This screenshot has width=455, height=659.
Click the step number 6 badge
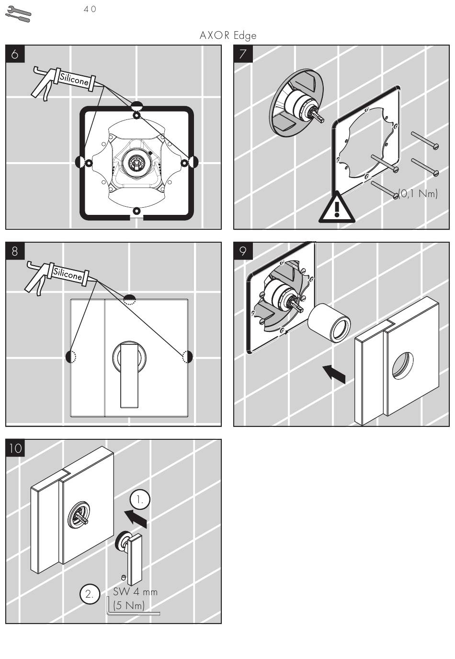pos(15,54)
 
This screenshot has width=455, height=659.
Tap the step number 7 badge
pos(243,54)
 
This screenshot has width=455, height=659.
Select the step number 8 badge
pos(15,251)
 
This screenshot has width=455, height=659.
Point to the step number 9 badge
pos(243,251)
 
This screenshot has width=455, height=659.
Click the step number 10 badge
pos(15,448)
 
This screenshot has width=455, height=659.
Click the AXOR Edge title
pos(228,35)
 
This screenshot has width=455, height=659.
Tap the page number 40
pos(90,9)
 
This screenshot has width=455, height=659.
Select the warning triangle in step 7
pos(337,208)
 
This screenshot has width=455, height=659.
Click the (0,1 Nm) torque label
pos(418,194)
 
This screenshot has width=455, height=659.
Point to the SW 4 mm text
pos(135,591)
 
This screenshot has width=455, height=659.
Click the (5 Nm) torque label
pos(129,605)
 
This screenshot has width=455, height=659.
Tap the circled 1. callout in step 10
pos(140,499)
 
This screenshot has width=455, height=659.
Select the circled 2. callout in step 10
pos(90,594)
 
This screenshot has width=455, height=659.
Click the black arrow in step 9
pos(334,374)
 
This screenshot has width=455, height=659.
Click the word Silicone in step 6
pos(74,79)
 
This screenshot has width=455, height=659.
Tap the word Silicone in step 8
pos(67,273)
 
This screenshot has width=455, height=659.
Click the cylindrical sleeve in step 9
pos(329,323)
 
